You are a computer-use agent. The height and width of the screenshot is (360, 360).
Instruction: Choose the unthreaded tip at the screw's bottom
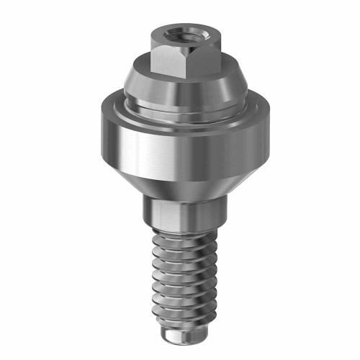coord(180,337)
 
